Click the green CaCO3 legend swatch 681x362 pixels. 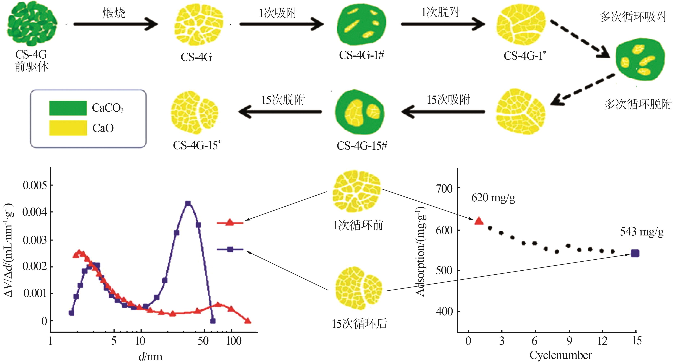coord(68,108)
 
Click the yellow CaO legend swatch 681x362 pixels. coord(68,128)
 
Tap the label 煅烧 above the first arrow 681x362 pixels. coord(114,13)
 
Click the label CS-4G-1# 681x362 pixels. coord(361,56)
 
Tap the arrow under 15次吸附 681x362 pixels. coord(443,112)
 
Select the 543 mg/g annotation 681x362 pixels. coord(642,232)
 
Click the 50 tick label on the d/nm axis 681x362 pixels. coord(203,341)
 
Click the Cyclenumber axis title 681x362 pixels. coord(560,355)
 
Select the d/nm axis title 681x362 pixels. coord(150,356)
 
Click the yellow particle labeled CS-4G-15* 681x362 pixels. coord(195,113)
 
